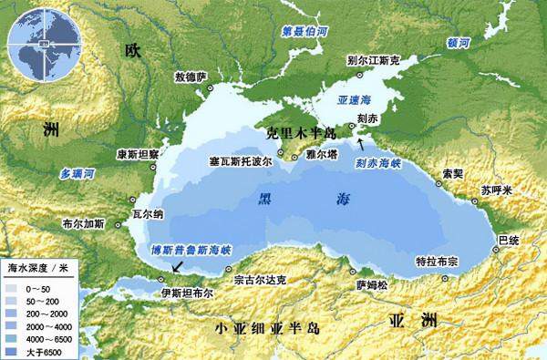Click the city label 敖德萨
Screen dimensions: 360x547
pos(190,76)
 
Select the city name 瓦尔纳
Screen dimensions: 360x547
pos(148,215)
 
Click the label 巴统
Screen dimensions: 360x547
pos(507,239)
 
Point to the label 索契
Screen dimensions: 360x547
pos(452,172)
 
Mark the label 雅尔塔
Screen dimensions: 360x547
pos(323,155)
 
